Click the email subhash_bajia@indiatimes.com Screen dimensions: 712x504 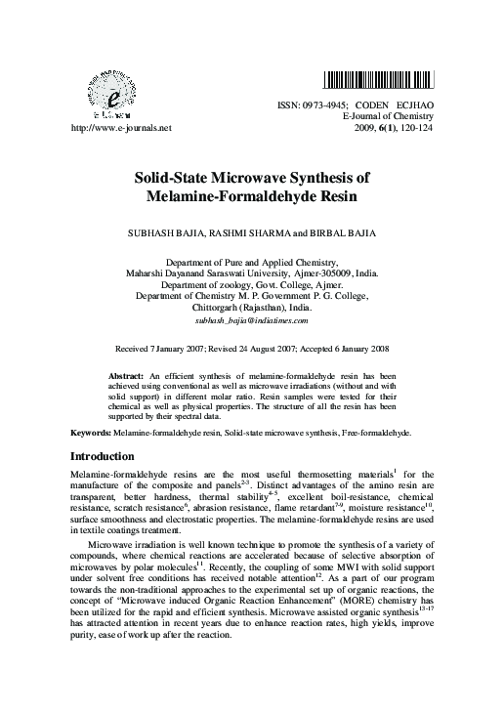click(x=252, y=319)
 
